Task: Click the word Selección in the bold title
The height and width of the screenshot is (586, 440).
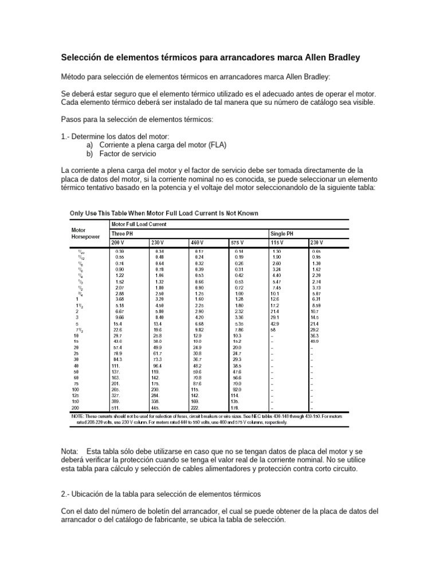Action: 84,58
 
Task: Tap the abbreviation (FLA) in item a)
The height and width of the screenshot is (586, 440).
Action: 216,145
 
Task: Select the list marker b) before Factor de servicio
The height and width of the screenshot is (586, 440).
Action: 89,154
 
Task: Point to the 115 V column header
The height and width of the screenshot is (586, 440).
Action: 277,243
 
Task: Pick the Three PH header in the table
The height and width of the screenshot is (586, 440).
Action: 123,233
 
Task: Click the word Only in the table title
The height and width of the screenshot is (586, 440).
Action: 77,213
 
